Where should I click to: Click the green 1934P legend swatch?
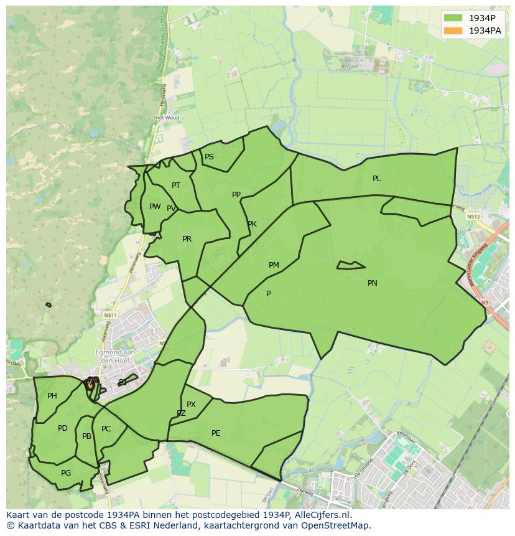point(453,18)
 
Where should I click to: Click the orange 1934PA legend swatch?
point(453,31)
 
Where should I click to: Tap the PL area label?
point(377,179)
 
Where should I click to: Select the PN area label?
point(373,283)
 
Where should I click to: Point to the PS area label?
point(209,157)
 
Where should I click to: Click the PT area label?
point(176,186)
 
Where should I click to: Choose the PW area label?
point(155,207)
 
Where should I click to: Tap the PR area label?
point(187,239)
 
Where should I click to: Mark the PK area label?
point(252,224)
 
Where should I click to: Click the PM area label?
point(274,265)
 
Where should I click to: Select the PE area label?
point(216,433)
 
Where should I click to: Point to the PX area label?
point(191,405)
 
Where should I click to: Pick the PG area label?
point(66,473)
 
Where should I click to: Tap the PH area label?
point(52,396)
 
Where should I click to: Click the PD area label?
point(63,428)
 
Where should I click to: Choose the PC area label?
point(106,429)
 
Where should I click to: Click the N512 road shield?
point(474,217)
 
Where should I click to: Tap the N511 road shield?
point(110,316)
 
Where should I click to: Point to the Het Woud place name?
point(167,118)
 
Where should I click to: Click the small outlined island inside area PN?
point(351,266)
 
